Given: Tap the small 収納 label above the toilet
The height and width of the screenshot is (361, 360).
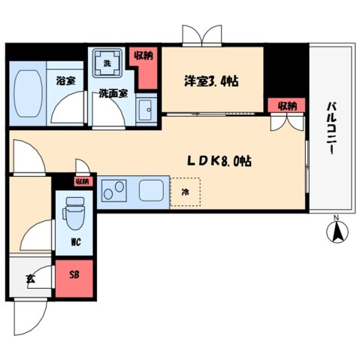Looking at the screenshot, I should point(81,180).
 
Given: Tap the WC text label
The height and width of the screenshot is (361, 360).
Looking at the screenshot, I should point(76,242).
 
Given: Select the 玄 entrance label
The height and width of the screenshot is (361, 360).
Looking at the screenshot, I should point(31,279).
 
